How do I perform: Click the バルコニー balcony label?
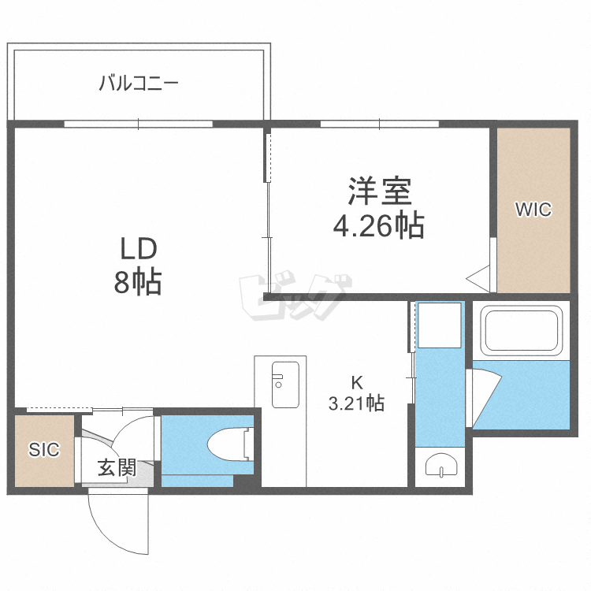pyautogui.click(x=139, y=83)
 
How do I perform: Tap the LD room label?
pyautogui.click(x=139, y=249)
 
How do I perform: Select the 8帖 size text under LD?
pyautogui.click(x=138, y=281)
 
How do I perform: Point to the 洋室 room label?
pyautogui.click(x=380, y=191)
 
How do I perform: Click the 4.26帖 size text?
pyautogui.click(x=379, y=226)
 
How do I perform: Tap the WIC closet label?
pyautogui.click(x=533, y=209)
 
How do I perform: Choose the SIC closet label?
pyautogui.click(x=44, y=449)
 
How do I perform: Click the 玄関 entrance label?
pyautogui.click(x=117, y=468)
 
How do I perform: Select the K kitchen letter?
pyautogui.click(x=356, y=383)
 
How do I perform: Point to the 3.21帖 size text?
pyautogui.click(x=356, y=403)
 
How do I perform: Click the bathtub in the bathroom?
pyautogui.click(x=522, y=330)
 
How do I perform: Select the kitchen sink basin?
pyautogui.click(x=285, y=385)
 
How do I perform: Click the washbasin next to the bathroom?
pyautogui.click(x=441, y=464)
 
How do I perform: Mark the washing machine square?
pyautogui.click(x=440, y=325)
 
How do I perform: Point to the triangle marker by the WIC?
pyautogui.click(x=478, y=278)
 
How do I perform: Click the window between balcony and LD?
pyautogui.click(x=139, y=124)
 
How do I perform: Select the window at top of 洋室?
pyautogui.click(x=380, y=124)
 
